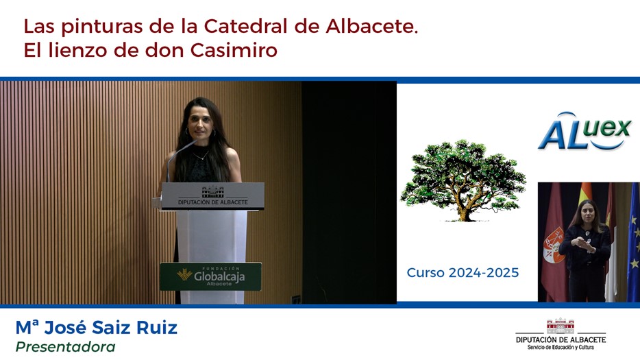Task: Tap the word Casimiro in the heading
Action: (234, 50)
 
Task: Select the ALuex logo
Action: (585, 130)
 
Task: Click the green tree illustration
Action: (463, 180)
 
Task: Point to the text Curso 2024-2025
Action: (463, 272)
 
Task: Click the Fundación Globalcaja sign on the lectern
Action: (210, 276)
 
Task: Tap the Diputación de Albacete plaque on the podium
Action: (212, 196)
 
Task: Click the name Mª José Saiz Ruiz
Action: (97, 327)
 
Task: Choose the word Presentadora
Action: (65, 347)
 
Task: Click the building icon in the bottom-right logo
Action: (561, 326)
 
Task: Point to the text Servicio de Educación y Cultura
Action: (561, 348)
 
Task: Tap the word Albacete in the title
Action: (372, 27)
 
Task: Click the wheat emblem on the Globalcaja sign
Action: (184, 274)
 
